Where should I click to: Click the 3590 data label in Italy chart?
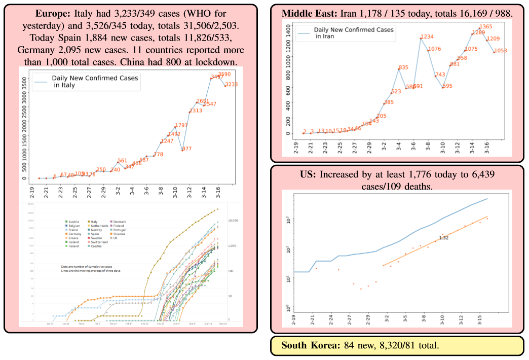[224, 75]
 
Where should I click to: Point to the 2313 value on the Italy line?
[196, 111]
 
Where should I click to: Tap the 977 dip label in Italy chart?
[186, 149]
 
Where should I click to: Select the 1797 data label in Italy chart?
[181, 125]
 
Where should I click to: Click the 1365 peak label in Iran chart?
[486, 27]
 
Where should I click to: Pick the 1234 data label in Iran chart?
[427, 37]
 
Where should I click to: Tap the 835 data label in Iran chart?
[403, 67]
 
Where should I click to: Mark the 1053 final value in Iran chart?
[501, 50]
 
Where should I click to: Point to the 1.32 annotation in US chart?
[443, 238]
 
